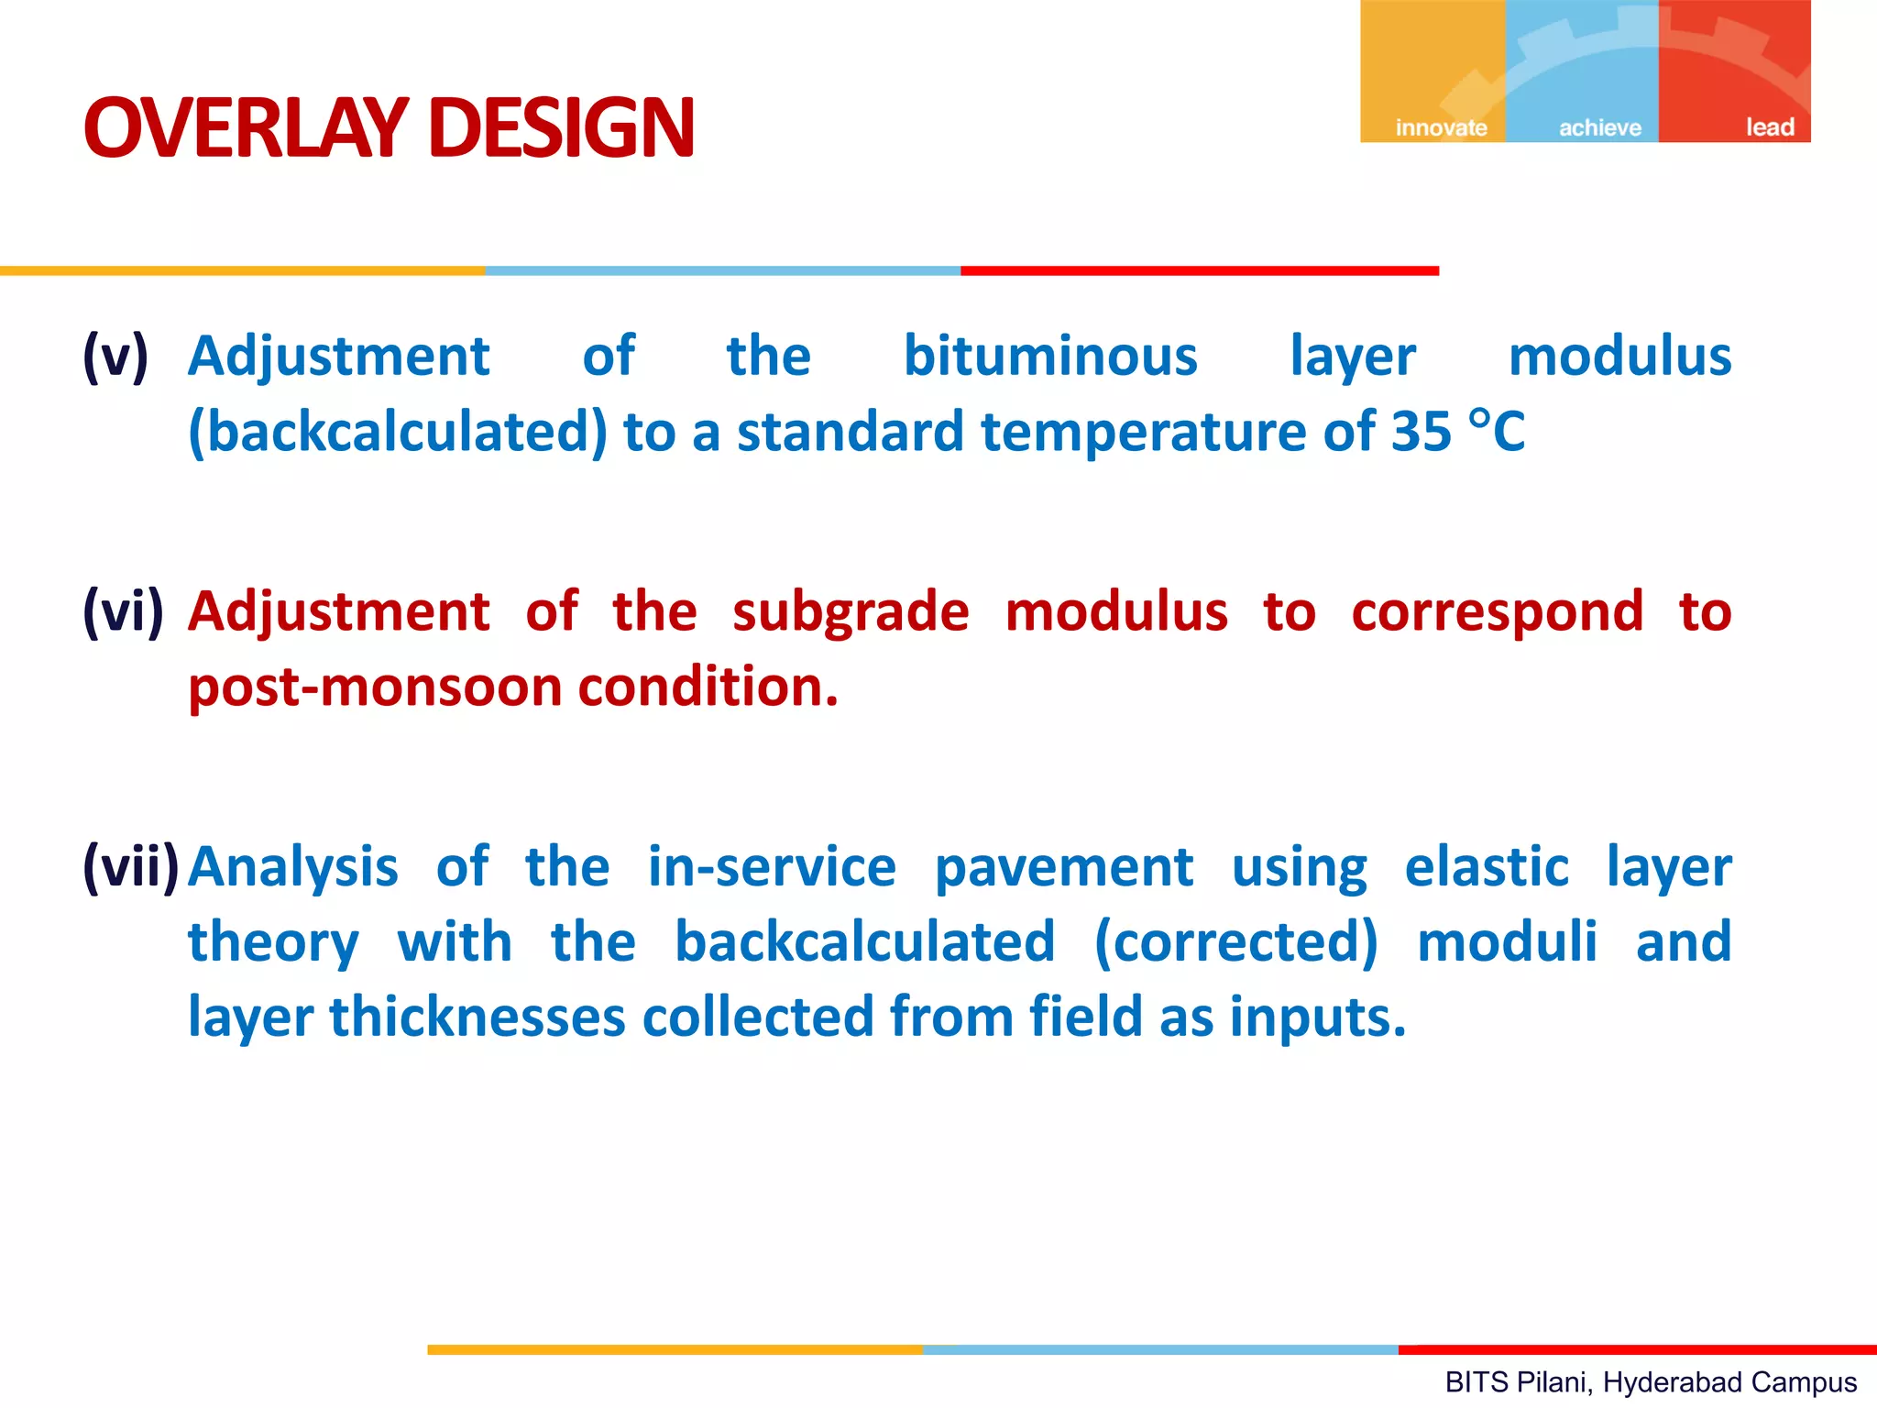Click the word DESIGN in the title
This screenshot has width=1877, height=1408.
[x=561, y=127]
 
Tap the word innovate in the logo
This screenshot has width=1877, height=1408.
[x=1441, y=127]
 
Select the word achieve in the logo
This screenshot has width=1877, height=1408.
[x=1599, y=127]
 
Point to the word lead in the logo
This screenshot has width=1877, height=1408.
[x=1769, y=127]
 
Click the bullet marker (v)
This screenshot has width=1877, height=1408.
[x=115, y=356]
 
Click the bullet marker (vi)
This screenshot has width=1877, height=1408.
[x=123, y=610]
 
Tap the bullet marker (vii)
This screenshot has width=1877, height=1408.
[x=130, y=865]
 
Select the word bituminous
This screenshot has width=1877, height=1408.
[x=1050, y=356]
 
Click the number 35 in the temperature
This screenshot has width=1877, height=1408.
[x=1421, y=431]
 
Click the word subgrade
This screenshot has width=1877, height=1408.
[x=851, y=610]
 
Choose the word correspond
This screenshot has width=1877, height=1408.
[x=1497, y=612]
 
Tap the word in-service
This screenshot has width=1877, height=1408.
[x=772, y=866]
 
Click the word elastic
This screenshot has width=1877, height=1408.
[x=1487, y=866]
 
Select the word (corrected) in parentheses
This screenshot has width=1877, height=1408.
[x=1236, y=942]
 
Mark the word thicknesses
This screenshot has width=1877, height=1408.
[x=477, y=1017]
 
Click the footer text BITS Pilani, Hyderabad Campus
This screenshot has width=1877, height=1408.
[x=1651, y=1381]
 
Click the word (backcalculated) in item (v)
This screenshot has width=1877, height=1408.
[x=398, y=432]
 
